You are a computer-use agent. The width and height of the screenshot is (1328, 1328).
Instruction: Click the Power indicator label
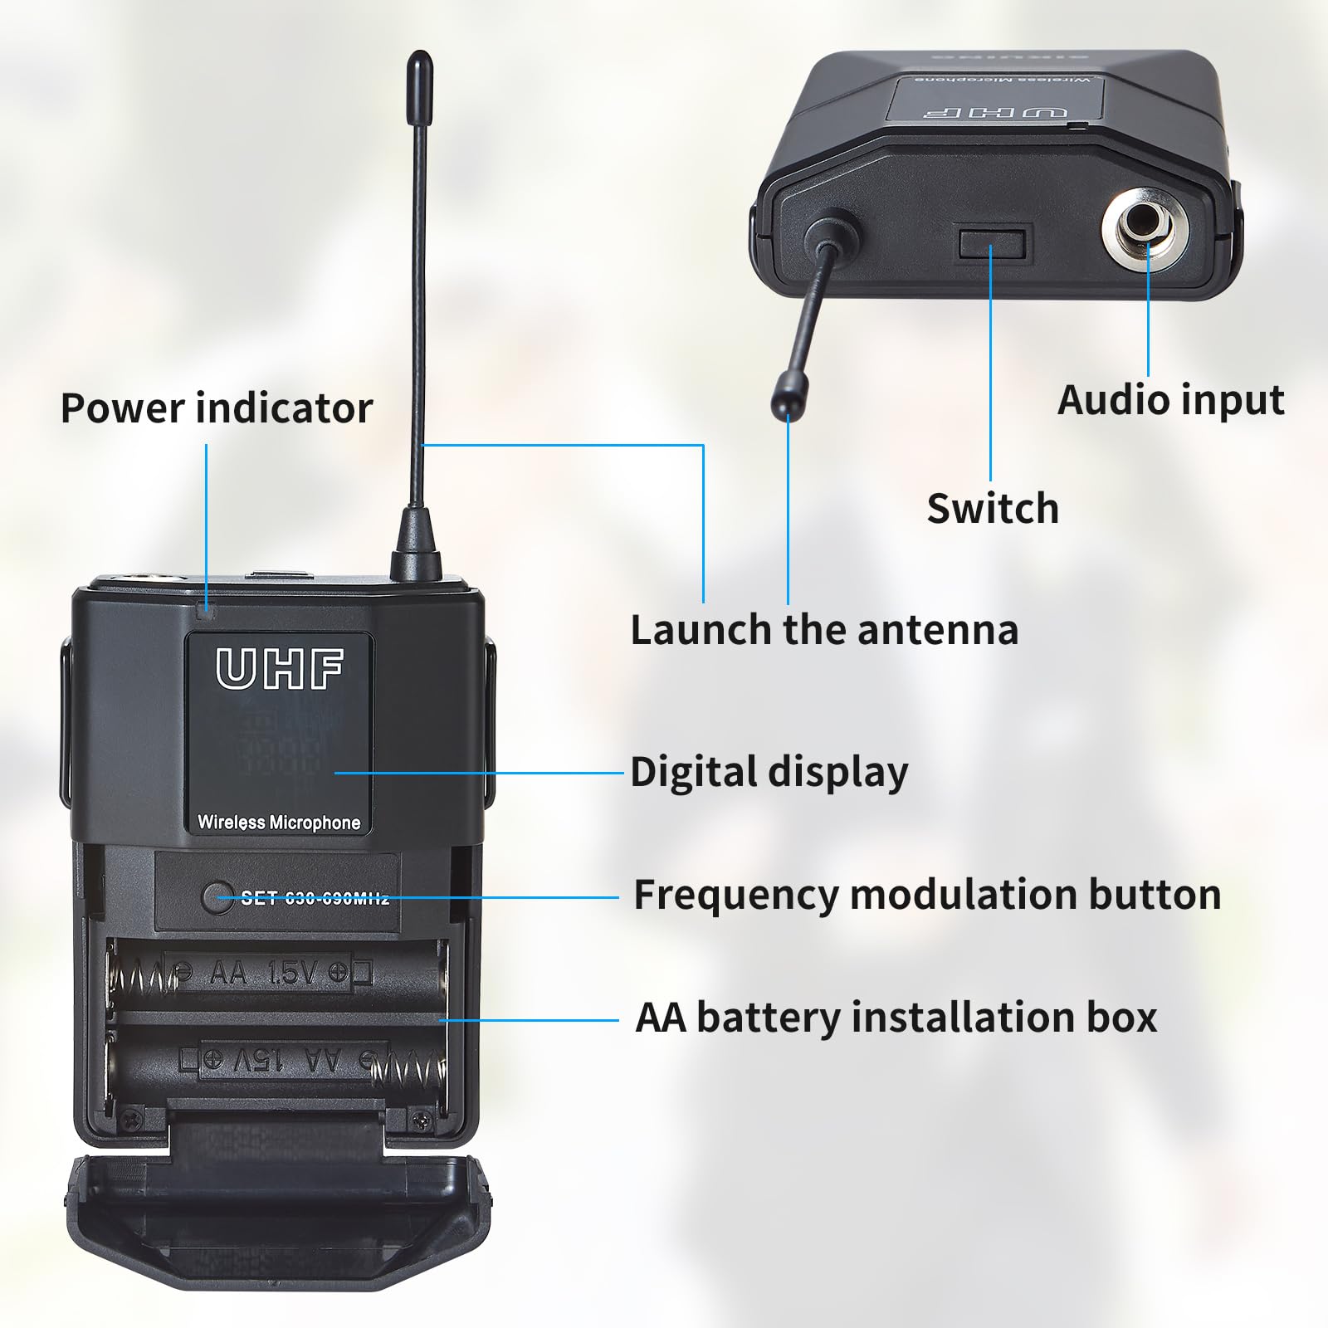pos(217,408)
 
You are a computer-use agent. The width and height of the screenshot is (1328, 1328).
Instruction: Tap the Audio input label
pos(1170,400)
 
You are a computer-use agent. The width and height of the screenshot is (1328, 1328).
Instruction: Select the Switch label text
pos(993,508)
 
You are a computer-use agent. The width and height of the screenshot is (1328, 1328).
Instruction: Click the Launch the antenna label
pos(824,629)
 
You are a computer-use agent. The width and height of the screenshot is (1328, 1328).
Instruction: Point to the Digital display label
pos(769,772)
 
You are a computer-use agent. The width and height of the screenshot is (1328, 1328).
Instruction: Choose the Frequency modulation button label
pos(927,895)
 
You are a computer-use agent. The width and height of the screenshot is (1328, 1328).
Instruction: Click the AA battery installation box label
pos(896,1017)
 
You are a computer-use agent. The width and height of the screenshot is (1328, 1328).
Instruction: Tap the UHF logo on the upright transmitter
pos(280,669)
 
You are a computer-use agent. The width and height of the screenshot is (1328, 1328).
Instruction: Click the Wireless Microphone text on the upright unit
pos(279,823)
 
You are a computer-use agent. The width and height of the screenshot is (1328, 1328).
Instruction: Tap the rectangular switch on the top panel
pos(992,243)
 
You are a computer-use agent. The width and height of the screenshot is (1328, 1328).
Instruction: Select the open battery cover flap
pos(278,1220)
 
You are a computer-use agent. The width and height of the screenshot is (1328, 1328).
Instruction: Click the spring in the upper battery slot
pos(143,974)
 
